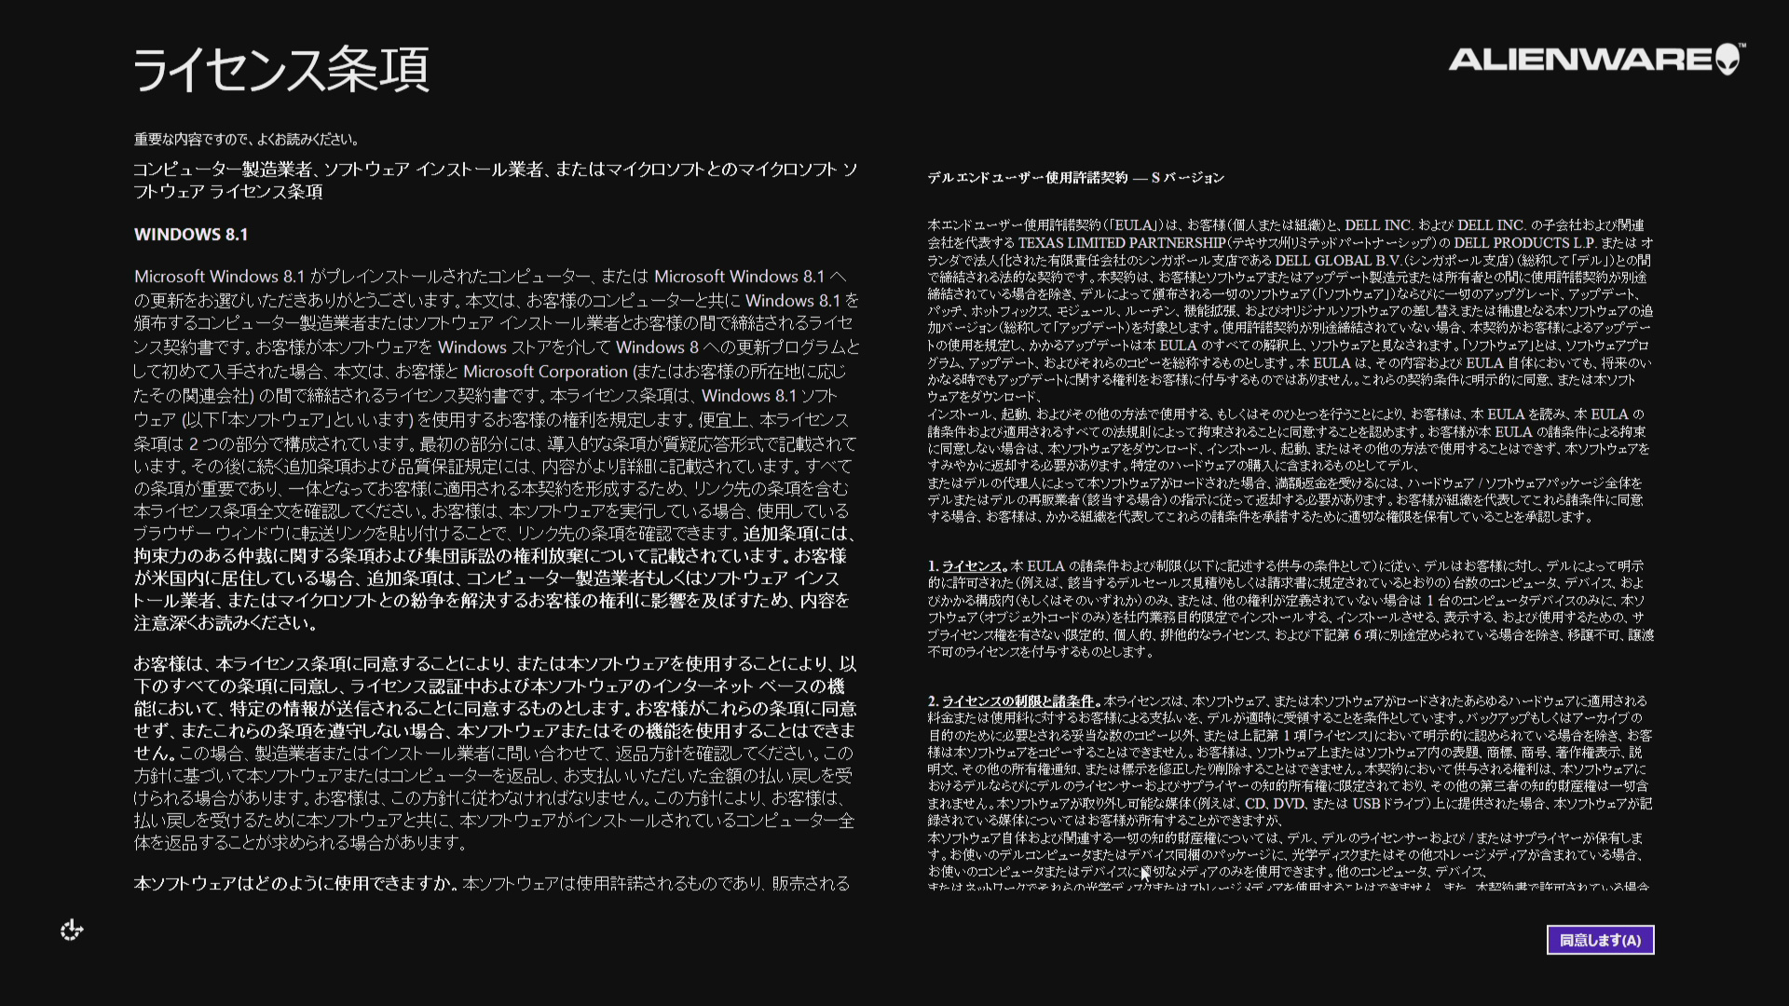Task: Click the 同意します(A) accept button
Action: click(1600, 940)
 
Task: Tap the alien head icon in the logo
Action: click(1728, 59)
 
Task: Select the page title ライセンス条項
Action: click(280, 70)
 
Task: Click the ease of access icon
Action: click(72, 930)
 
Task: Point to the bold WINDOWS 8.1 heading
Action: click(191, 235)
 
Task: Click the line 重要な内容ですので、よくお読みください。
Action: click(246, 140)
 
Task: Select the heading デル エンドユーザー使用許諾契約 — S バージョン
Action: click(1075, 178)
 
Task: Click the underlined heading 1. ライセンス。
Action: click(967, 566)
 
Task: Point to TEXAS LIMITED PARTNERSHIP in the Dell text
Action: click(1121, 243)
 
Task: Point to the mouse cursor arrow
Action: click(1145, 873)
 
